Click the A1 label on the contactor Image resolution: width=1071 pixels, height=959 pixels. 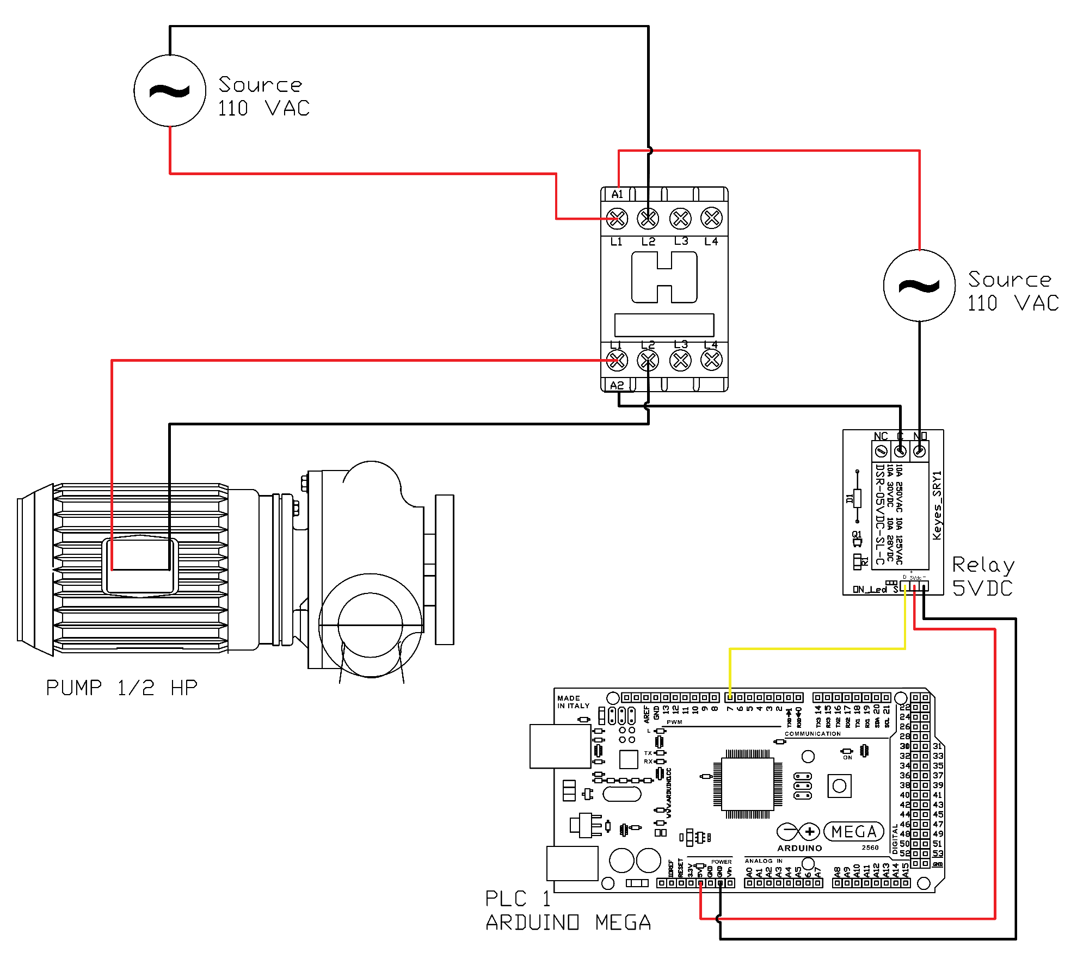[x=617, y=194]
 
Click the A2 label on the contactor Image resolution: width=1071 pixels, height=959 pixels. [x=617, y=385]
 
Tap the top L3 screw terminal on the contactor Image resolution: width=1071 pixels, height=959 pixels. [x=680, y=219]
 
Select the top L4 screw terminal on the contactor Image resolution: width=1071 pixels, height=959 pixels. [x=711, y=218]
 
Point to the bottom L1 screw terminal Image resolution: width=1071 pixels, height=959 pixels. [x=617, y=360]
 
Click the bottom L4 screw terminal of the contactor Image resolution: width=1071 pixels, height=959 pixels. [x=711, y=360]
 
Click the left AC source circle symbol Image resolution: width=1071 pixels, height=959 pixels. [x=170, y=91]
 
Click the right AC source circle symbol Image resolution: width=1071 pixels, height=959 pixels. [x=919, y=286]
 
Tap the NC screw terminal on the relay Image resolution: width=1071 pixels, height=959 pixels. [x=881, y=451]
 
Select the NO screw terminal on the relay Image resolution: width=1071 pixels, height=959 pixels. [x=919, y=451]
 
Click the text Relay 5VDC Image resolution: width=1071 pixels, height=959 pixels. [x=983, y=576]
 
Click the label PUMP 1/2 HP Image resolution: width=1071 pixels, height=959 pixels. [x=121, y=688]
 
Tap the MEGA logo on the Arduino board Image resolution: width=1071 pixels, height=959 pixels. [x=853, y=832]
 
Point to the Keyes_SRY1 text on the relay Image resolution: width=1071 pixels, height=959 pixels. [x=937, y=505]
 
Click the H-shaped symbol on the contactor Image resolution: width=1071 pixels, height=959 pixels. [x=664, y=277]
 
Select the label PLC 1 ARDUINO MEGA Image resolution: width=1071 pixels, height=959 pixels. [x=568, y=910]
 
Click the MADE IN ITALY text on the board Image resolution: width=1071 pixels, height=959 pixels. [x=573, y=702]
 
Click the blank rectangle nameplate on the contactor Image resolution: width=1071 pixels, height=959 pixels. [x=664, y=325]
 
